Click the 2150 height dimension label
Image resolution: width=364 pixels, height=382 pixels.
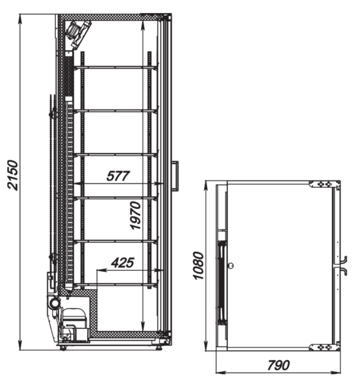(13, 175)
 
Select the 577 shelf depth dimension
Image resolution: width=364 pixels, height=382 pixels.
(118, 176)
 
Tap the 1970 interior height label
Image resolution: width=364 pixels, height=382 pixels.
(136, 215)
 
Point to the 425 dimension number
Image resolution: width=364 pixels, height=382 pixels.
(123, 263)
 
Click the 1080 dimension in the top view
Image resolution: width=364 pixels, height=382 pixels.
(198, 266)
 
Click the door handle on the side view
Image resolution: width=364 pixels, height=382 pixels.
(175, 175)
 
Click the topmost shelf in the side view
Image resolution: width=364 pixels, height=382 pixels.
(116, 67)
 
